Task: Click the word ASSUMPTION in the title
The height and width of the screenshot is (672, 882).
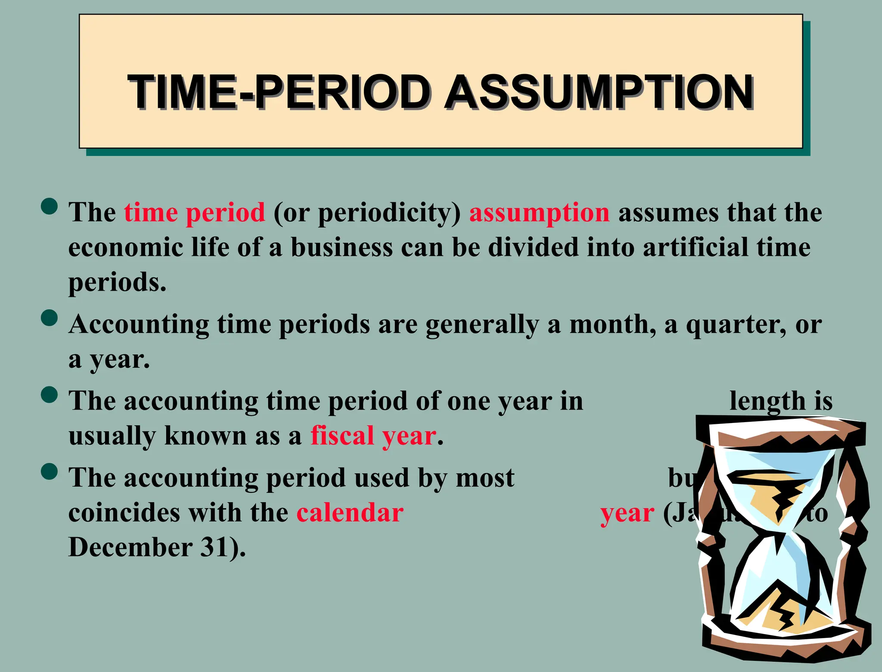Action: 599,92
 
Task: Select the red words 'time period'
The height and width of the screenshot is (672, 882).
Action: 195,212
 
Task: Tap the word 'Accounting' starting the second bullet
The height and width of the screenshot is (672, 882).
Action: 139,324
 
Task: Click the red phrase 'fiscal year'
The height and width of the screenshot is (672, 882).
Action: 373,436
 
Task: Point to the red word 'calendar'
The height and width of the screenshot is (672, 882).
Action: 350,513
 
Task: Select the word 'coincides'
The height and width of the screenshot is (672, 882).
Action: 124,513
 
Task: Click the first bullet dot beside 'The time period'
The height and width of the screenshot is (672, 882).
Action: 50,206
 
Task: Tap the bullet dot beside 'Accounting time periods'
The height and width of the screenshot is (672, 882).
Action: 50,318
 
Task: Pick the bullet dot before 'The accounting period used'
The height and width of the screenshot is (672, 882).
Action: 50,471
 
